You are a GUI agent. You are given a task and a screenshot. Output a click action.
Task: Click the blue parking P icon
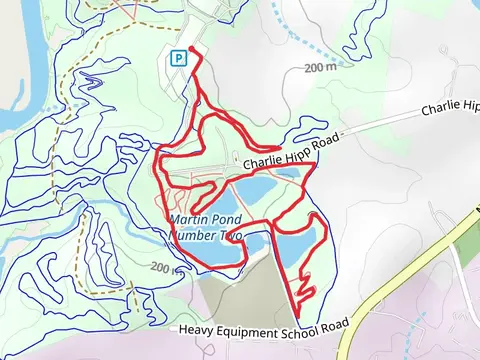pyautogui.click(x=179, y=58)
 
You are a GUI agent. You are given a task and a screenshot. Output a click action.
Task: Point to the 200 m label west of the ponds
pyautogui.click(x=160, y=267)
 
